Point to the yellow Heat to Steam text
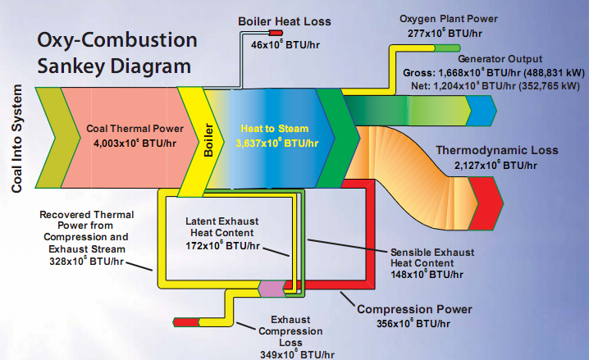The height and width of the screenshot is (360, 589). click(274, 129)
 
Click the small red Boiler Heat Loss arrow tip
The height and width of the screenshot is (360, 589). click(275, 33)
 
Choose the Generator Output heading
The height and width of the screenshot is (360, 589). click(500, 59)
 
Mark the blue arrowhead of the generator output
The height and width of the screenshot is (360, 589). click(485, 107)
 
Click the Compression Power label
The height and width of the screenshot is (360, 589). click(414, 309)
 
